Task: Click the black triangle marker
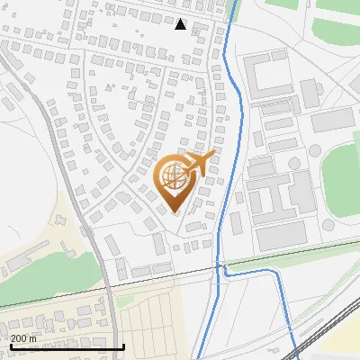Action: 181,24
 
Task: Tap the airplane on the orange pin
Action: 199,164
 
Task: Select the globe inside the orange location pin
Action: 174,177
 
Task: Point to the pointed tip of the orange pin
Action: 175,211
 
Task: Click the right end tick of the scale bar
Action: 123,345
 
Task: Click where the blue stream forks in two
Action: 219,266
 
